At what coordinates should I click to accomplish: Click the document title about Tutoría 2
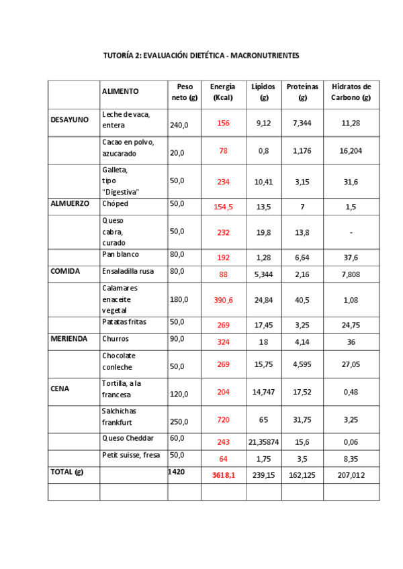pos(201,55)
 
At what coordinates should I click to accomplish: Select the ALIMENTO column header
pos(120,91)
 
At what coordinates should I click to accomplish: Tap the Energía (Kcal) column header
pos(223,92)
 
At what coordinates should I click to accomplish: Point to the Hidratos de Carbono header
pos(351,92)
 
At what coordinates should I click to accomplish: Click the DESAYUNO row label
pos(70,119)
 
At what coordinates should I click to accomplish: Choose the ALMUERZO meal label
pos(70,203)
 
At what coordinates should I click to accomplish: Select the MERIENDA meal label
pos(69,339)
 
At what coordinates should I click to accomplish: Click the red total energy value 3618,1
pos(224,474)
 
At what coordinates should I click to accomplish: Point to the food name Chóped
pos(115,203)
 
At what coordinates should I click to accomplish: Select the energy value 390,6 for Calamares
pos(224,300)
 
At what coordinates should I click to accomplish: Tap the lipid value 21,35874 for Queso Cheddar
pos(263,442)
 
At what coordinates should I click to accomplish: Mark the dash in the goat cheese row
pos(351,232)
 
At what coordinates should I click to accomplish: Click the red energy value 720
pos(224,419)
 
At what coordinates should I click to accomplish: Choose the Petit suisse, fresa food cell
pos(131,455)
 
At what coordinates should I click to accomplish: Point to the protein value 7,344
pos(302,123)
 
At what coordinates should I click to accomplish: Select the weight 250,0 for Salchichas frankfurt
pos(179,422)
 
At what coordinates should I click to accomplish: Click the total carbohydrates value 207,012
pos(351,474)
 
